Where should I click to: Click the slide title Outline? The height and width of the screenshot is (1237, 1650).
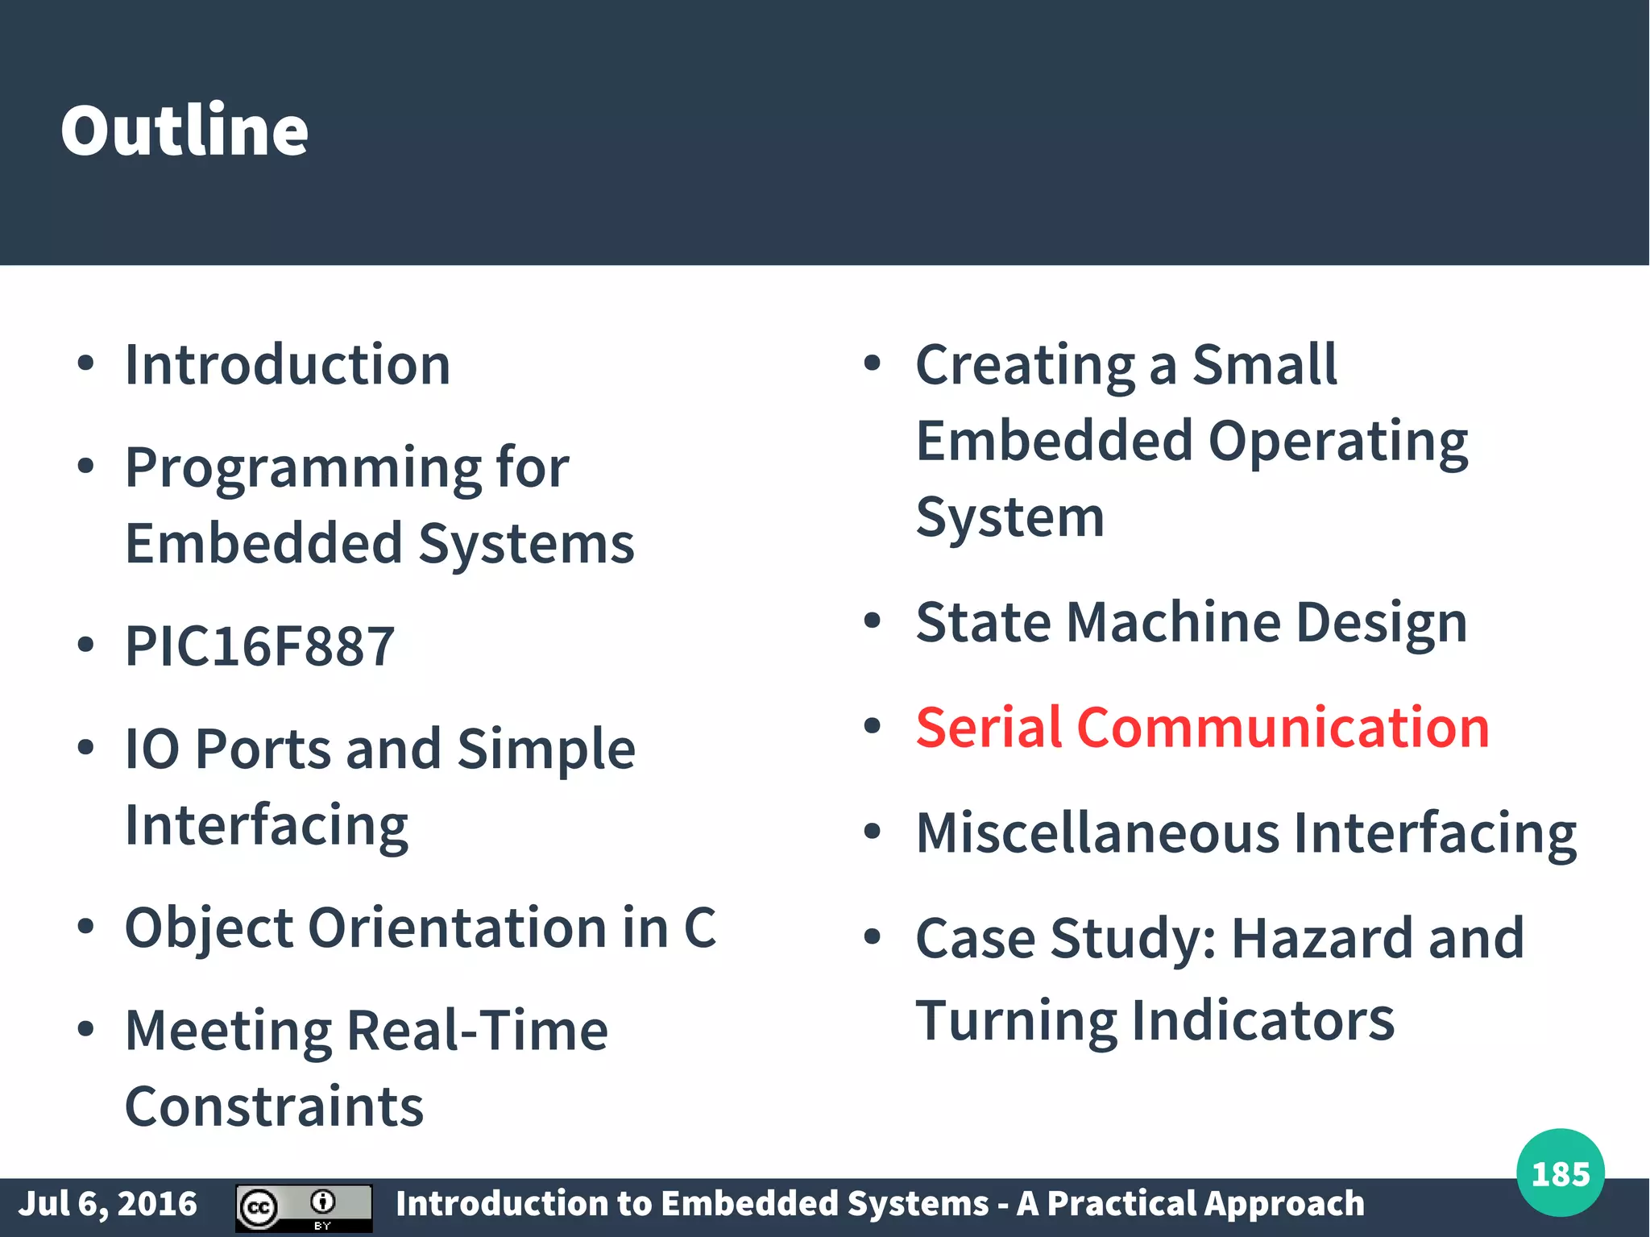(x=184, y=131)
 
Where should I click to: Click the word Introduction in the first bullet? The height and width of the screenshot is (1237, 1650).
(x=288, y=365)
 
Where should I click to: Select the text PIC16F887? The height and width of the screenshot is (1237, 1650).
(x=259, y=646)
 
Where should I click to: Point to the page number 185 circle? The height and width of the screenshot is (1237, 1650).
(x=1560, y=1173)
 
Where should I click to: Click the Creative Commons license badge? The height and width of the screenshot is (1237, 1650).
(x=304, y=1207)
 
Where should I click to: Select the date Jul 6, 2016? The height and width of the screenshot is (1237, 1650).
(x=108, y=1204)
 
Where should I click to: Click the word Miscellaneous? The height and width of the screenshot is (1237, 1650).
(x=1097, y=833)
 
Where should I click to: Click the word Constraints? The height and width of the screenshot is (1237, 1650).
(x=274, y=1107)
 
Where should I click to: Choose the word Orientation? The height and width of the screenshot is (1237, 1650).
(x=458, y=928)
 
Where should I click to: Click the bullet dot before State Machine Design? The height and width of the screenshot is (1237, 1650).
(x=872, y=621)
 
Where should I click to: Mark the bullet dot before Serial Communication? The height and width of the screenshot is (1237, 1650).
(x=872, y=726)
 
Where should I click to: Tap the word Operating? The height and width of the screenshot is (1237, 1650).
(x=1338, y=442)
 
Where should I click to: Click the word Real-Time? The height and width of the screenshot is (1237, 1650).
(x=477, y=1031)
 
